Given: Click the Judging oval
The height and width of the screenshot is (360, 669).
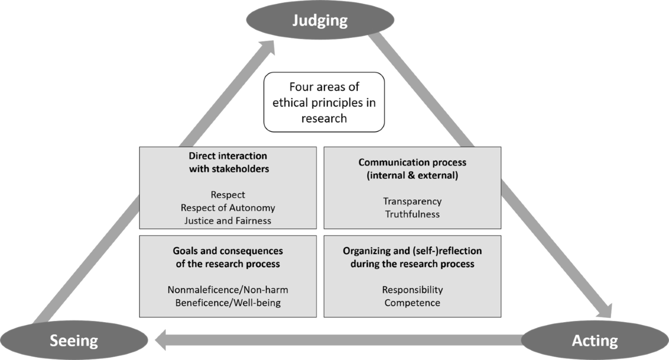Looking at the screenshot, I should pos(321,21).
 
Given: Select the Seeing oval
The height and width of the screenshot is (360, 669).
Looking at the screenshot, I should pos(74,339).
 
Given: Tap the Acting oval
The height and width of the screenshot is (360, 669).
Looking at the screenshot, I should pos(595,339).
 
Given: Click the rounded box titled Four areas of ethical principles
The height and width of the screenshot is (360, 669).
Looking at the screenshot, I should pos(324,102).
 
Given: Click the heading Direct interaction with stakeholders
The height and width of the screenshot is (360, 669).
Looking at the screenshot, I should pos(227,162).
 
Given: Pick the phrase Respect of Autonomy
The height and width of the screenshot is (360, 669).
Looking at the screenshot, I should pos(227,207).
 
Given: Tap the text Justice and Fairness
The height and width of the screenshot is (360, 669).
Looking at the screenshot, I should pos(227,220).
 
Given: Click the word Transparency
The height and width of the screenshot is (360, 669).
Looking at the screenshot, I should pos(412,201).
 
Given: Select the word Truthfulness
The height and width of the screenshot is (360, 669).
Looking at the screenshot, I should pos(412,214).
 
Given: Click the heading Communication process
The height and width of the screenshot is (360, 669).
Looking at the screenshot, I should pos(412,163).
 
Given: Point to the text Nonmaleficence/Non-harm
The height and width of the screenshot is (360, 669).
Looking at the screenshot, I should pos(227,290).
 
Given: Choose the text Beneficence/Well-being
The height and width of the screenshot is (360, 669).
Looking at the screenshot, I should pos(227,303).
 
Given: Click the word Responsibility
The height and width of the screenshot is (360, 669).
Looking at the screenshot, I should pos(412,290).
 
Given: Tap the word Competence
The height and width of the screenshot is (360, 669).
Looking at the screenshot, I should pos(412,303).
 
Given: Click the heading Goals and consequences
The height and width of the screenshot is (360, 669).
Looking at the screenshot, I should pos(227,251).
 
